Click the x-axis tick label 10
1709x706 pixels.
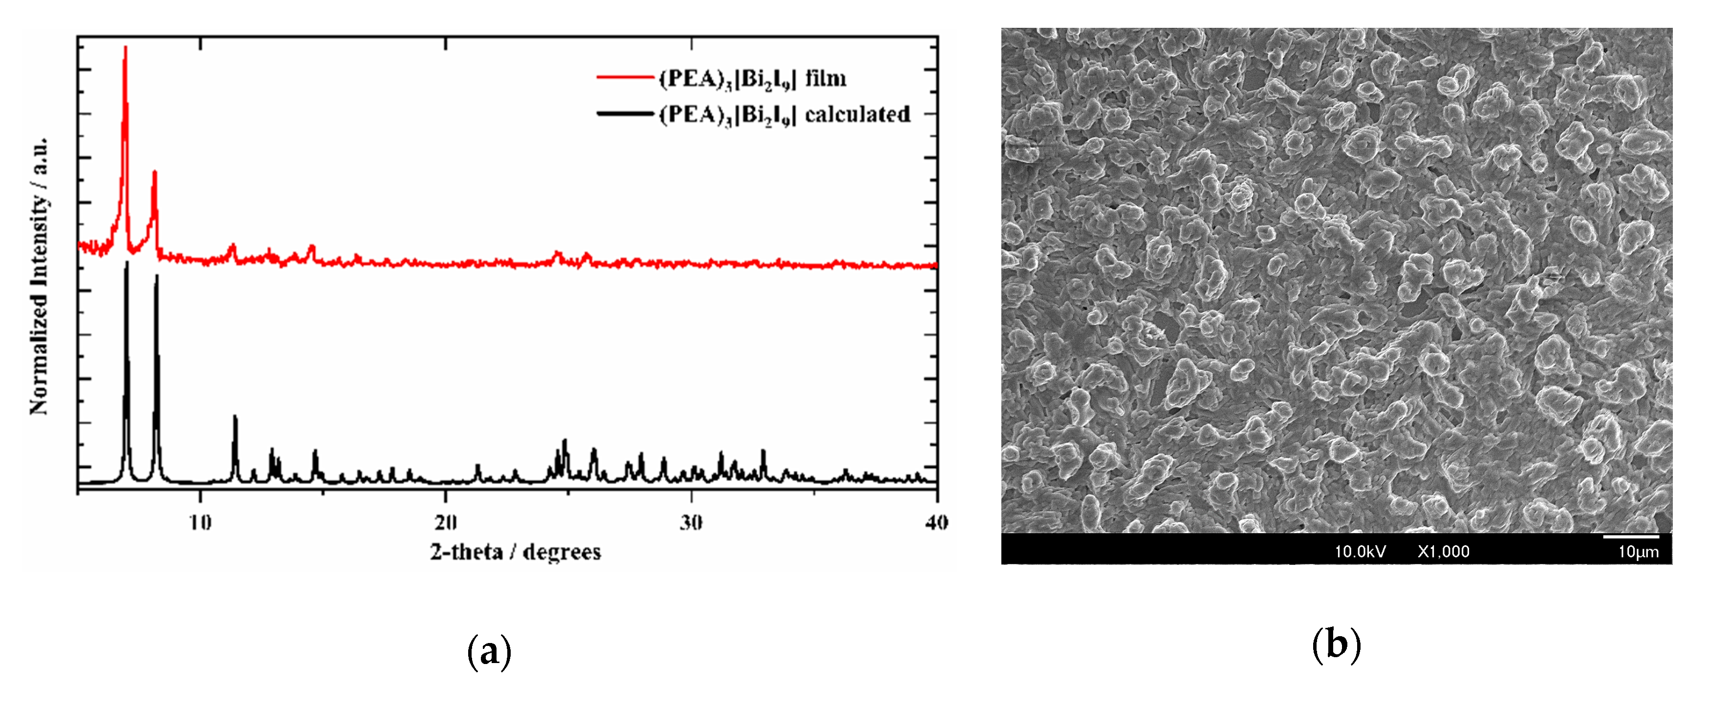click(200, 523)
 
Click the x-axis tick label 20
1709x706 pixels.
click(446, 523)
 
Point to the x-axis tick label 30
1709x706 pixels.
click(692, 523)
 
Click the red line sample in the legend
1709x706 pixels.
click(625, 78)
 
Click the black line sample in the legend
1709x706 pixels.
click(625, 114)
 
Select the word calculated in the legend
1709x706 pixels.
click(857, 114)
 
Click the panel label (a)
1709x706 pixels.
click(489, 651)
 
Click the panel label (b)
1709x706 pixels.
click(1336, 644)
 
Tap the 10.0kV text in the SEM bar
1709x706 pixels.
click(1360, 552)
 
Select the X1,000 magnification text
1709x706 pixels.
click(1444, 552)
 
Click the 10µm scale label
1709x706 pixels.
click(1638, 552)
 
